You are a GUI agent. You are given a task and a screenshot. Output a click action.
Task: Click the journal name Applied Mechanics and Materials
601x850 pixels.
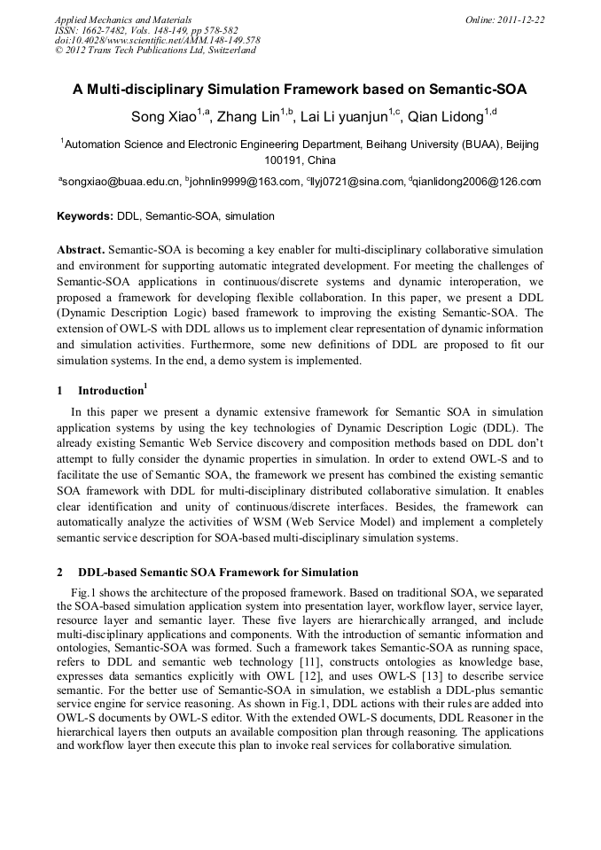(x=122, y=19)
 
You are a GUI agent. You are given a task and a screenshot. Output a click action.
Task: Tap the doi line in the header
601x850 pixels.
(x=157, y=40)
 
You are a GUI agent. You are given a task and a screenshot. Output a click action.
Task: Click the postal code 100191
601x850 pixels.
(x=284, y=160)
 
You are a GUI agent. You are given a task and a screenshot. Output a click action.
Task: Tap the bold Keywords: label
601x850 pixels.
(x=85, y=216)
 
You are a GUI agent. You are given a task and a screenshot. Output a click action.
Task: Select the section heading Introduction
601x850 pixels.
(x=110, y=391)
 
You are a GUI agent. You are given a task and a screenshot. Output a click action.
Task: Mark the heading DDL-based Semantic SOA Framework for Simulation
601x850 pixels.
(x=218, y=573)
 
